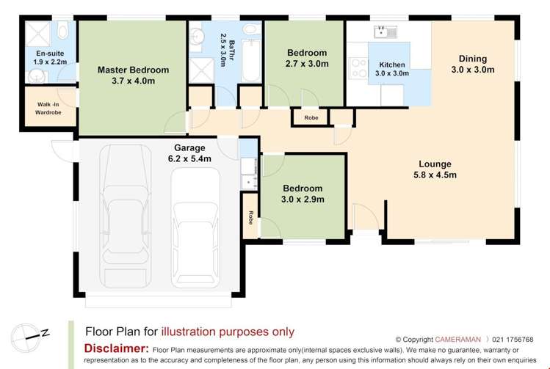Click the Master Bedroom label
(133, 76)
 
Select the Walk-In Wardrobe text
(48, 109)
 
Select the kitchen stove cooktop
(358, 68)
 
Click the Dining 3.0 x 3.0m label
(472, 64)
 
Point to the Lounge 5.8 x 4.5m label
(435, 169)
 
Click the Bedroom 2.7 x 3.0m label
(306, 58)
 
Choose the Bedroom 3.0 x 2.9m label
(302, 193)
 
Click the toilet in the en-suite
(63, 31)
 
